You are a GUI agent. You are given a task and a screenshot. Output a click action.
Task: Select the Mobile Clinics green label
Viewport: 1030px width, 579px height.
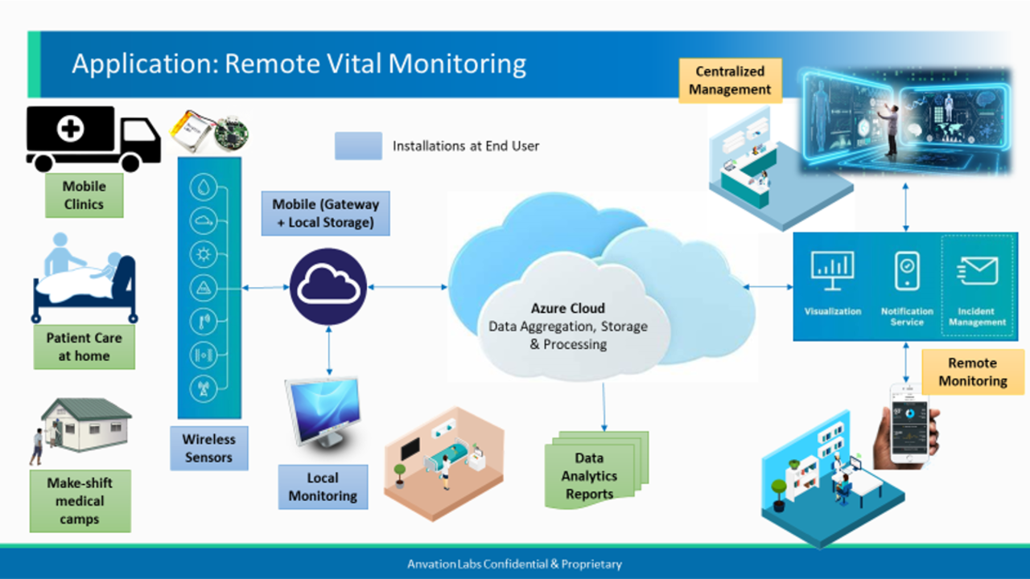pyautogui.click(x=84, y=195)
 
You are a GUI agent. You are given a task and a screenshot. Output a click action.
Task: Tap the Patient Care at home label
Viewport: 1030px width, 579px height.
pyautogui.click(x=84, y=347)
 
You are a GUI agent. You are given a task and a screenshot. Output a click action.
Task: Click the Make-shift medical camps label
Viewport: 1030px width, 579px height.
pyautogui.click(x=80, y=501)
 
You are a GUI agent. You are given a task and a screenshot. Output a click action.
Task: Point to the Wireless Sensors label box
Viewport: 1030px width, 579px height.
pyautogui.click(x=208, y=448)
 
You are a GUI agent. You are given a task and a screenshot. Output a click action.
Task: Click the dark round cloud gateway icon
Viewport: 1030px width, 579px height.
pyautogui.click(x=328, y=287)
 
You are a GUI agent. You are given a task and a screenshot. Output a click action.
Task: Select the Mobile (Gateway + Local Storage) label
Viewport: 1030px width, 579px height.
pyautogui.click(x=325, y=213)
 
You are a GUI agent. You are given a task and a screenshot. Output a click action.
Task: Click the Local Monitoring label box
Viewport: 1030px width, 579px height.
pyautogui.click(x=323, y=487)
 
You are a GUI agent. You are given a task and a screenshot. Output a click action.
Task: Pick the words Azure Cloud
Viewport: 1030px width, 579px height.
pyautogui.click(x=567, y=308)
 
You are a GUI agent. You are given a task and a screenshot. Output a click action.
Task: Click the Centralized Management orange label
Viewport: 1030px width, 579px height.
pyautogui.click(x=730, y=80)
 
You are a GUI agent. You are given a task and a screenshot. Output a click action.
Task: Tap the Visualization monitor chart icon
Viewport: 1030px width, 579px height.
pyautogui.click(x=832, y=271)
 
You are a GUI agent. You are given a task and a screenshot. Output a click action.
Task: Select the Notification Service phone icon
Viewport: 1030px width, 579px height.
pyautogui.click(x=907, y=271)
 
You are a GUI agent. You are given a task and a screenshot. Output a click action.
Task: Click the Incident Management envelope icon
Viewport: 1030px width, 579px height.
pyautogui.click(x=978, y=271)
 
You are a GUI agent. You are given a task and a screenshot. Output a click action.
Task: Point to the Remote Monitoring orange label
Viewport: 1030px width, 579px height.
pyautogui.click(x=972, y=372)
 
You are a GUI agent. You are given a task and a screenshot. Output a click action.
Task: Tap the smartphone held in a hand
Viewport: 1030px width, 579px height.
pyautogui.click(x=909, y=423)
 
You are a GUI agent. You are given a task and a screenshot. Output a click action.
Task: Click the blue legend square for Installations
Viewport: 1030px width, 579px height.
pyautogui.click(x=358, y=146)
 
